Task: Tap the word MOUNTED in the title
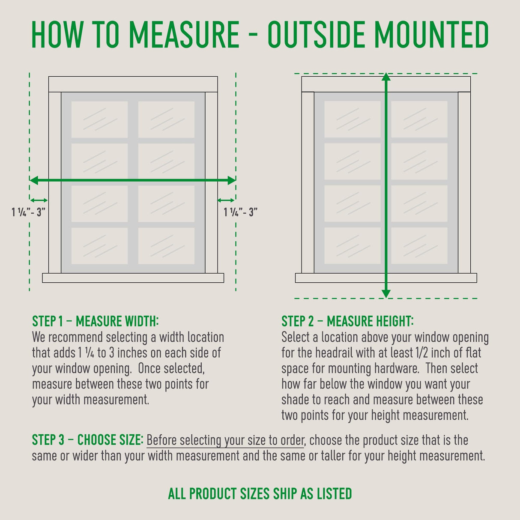pos(431,34)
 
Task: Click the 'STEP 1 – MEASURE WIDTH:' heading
pos(96,321)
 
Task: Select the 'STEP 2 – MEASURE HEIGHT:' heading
pos(347,321)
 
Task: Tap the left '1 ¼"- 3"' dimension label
pos(28,212)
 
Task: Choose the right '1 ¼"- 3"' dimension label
pos(240,212)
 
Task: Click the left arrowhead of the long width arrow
pos(33,180)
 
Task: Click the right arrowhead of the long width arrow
pos(232,180)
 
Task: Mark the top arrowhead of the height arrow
pos(386,77)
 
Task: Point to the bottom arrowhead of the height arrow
pos(386,294)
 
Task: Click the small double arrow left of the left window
pos(39,200)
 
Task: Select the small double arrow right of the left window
pos(226,200)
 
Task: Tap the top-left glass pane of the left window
pos(99,119)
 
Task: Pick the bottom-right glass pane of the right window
pos(419,245)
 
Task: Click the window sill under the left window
pos(133,278)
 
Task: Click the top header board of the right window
pos(386,84)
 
